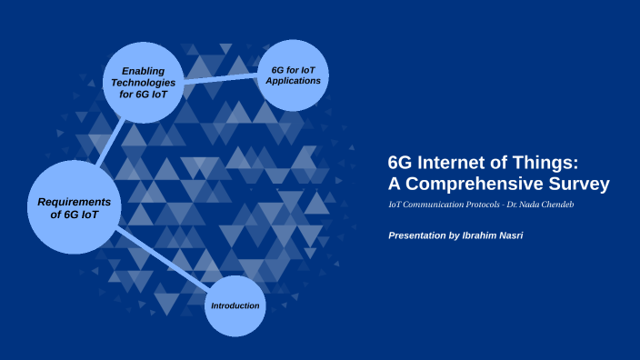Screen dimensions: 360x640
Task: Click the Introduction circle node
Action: click(235, 305)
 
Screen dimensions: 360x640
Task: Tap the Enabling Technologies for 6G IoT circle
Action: click(143, 82)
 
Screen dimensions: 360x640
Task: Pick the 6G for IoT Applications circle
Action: click(294, 75)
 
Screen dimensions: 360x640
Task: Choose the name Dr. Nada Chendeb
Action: click(538, 205)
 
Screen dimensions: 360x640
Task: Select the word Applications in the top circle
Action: click(294, 81)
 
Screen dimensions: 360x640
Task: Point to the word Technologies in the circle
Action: click(143, 82)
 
